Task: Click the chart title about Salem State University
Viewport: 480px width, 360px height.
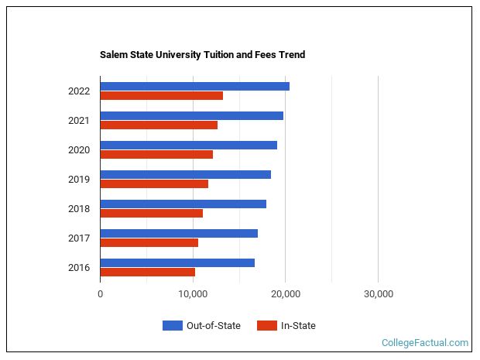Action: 202,55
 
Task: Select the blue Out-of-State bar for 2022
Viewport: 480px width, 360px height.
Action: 194,86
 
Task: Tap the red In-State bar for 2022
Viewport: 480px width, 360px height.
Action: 161,96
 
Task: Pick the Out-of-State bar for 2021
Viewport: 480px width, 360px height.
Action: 191,115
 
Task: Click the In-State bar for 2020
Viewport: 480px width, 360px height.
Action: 156,155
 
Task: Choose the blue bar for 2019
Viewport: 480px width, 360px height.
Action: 185,174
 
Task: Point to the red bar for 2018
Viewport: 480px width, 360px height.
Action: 151,214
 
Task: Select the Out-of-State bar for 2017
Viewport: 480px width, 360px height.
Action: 179,233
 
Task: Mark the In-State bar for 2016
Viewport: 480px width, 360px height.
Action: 147,273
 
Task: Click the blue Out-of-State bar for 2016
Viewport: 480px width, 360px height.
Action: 177,262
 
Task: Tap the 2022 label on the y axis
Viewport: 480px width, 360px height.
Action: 79,91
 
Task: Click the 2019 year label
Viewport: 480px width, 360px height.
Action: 79,180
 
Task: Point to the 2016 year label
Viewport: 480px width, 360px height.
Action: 79,268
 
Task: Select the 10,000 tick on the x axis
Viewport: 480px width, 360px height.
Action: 193,294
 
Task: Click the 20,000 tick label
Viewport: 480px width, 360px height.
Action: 286,294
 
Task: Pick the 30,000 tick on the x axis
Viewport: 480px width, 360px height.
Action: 378,294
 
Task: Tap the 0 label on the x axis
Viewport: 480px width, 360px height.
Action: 101,294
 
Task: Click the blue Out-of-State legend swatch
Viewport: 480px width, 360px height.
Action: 172,326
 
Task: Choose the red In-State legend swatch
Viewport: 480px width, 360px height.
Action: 267,326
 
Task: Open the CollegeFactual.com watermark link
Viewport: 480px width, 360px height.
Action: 425,343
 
